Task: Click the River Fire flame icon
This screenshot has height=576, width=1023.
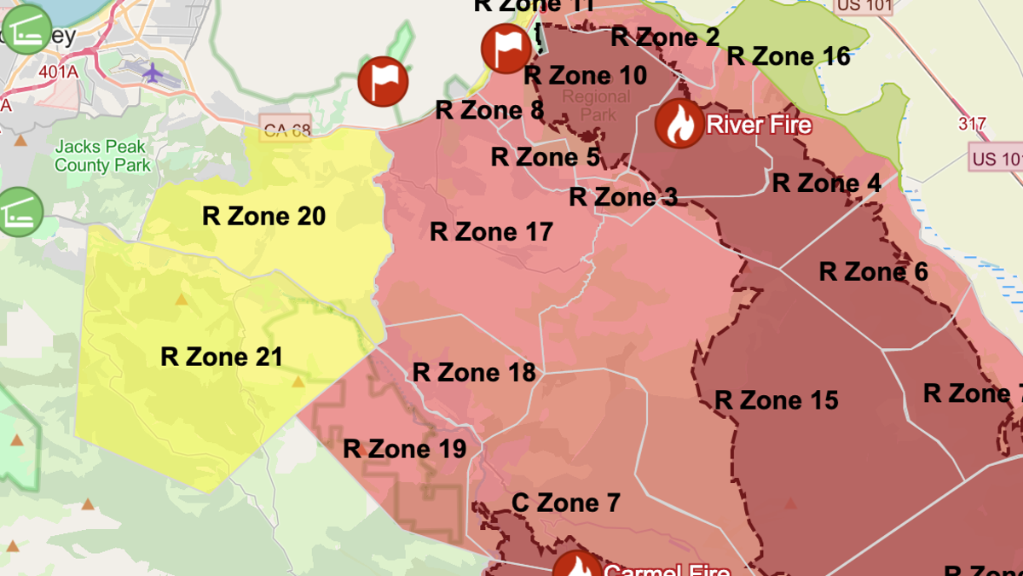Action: (679, 124)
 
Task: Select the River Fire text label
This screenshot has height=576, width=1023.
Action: (759, 125)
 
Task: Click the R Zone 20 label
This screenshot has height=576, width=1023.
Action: (263, 216)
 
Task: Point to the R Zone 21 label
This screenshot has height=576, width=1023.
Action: (221, 356)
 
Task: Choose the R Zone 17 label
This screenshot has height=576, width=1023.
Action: (491, 231)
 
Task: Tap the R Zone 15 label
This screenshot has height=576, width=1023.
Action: (776, 399)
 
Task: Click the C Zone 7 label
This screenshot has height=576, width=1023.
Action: (565, 503)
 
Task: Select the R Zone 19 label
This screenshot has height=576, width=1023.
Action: (404, 448)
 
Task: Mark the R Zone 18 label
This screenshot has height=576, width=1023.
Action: (474, 372)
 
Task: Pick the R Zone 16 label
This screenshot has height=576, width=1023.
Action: (788, 56)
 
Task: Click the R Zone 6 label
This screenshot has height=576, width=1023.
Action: (873, 271)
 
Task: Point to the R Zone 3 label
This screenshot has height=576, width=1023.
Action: (623, 196)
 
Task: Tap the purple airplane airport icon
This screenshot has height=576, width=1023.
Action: (153, 73)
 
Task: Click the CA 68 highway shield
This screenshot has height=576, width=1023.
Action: (285, 130)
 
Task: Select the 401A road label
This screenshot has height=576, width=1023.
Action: (58, 71)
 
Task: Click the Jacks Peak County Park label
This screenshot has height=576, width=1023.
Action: (102, 156)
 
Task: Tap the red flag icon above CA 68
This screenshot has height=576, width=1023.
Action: (383, 82)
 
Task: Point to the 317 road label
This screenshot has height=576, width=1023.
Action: (972, 124)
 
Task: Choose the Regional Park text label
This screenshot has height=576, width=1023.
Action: (596, 105)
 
